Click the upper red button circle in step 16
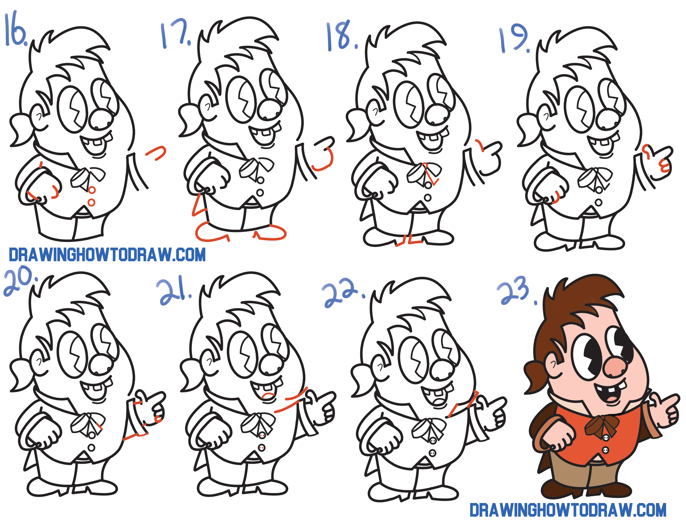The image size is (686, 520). click(x=92, y=190)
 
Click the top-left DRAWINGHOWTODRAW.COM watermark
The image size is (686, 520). click(x=107, y=255)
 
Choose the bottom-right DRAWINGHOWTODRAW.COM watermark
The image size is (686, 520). click(x=567, y=510)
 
